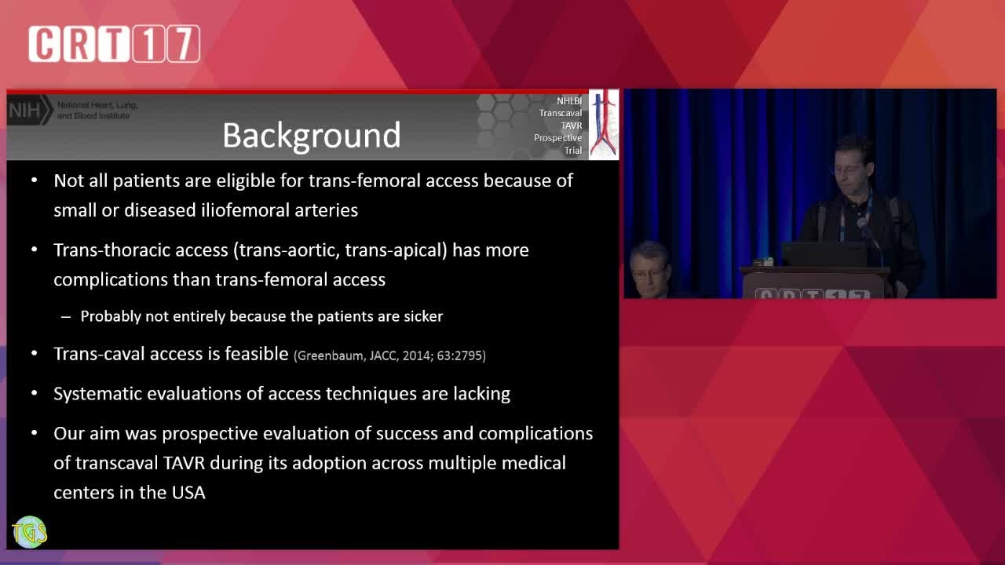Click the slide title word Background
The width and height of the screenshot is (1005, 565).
pos(312,136)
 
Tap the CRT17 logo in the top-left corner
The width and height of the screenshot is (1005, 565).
pos(115,43)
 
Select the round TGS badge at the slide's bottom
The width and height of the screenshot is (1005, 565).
pos(30,532)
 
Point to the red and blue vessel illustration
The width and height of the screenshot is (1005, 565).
pos(604,124)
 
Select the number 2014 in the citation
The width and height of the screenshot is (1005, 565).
pos(417,356)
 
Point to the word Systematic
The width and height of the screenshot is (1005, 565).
pos(97,394)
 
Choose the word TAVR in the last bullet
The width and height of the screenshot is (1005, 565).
pos(184,463)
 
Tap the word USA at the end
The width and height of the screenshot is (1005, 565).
pos(188,493)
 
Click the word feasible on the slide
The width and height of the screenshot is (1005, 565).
pos(256,354)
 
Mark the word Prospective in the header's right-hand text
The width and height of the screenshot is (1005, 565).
pos(557,138)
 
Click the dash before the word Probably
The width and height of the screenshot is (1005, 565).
pos(66,317)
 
